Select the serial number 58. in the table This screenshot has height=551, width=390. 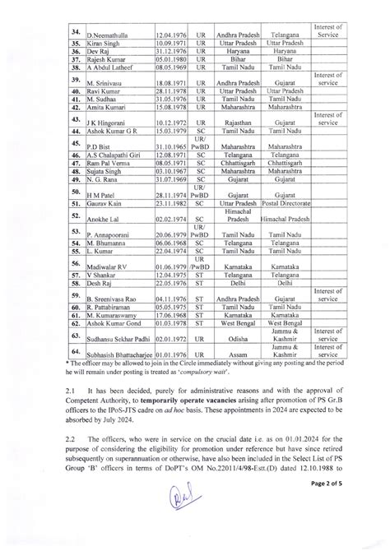coord(75,292)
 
